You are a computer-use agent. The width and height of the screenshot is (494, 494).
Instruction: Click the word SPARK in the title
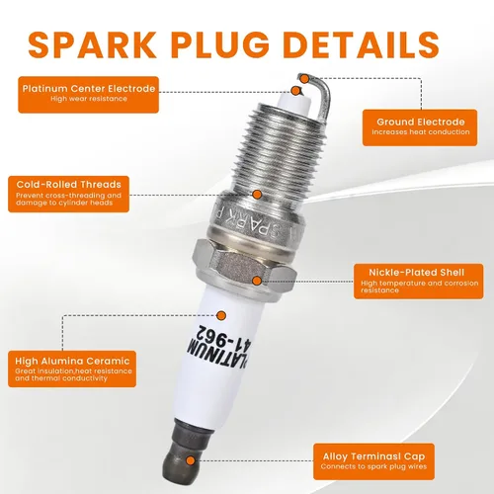[x=92, y=44]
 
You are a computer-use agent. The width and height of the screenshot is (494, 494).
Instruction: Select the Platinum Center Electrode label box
[x=89, y=95]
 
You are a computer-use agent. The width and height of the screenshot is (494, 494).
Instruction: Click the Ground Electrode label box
[x=420, y=127]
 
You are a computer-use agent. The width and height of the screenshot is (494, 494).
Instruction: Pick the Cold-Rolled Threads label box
[x=68, y=194]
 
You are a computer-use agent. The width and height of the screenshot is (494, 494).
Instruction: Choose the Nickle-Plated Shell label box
[x=419, y=282]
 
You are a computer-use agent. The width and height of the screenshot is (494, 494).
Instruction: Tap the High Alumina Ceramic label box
[x=72, y=369]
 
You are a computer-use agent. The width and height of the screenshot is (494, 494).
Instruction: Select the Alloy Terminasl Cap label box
[x=373, y=461]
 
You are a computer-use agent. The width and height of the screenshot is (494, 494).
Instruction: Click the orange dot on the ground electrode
[x=305, y=79]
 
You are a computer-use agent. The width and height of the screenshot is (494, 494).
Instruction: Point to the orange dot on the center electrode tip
[x=296, y=91]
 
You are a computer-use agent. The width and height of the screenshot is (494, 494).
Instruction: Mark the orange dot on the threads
[x=257, y=195]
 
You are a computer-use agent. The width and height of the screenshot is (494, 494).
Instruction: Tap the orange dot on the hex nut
[x=257, y=281]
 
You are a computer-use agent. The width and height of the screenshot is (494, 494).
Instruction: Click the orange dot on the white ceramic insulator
[x=221, y=316]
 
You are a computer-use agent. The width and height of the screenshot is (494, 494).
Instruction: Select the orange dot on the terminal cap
[x=190, y=460]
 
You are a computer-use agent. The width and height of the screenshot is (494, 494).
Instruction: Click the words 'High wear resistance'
[x=89, y=99]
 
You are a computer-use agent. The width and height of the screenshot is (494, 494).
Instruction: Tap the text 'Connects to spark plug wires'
[x=373, y=466]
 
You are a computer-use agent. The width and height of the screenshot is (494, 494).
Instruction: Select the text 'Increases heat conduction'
[x=421, y=132]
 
